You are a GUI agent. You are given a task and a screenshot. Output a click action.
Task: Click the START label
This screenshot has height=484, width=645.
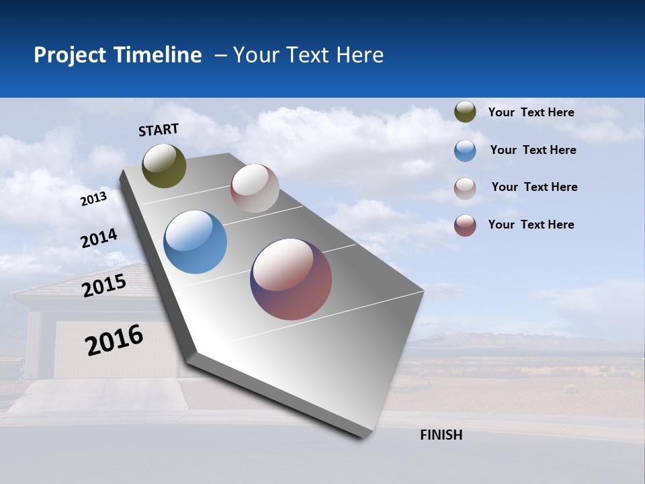[159, 129]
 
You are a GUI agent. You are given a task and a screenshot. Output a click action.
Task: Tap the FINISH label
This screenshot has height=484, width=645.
[441, 435]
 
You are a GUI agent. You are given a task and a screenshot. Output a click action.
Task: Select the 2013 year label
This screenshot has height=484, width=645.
[93, 198]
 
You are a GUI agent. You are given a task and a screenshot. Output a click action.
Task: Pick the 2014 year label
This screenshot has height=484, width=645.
[99, 239]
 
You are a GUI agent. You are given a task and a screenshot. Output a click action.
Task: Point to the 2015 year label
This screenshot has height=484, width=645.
[103, 286]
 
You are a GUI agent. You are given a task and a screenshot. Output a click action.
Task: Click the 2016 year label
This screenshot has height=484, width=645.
[114, 340]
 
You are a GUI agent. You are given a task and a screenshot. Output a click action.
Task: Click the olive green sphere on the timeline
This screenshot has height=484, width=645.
[164, 165]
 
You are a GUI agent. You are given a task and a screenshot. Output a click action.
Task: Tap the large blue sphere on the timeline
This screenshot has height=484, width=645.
[195, 242]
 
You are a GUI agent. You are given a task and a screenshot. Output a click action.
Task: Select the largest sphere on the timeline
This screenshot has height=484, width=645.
[291, 279]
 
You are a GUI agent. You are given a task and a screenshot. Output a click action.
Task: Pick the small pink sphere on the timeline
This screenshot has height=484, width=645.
[255, 188]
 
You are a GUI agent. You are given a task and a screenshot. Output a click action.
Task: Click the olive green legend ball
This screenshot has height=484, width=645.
[465, 112]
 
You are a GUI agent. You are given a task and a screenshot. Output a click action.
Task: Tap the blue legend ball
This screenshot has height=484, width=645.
[465, 151]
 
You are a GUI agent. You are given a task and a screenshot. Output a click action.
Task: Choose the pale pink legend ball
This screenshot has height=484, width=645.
[465, 188]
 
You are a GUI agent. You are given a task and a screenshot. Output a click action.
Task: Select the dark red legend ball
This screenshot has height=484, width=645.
[465, 225]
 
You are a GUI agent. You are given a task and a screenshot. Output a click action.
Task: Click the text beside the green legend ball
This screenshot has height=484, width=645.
[531, 112]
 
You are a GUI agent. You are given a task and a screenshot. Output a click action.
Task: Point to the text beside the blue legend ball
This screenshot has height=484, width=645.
[533, 150]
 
